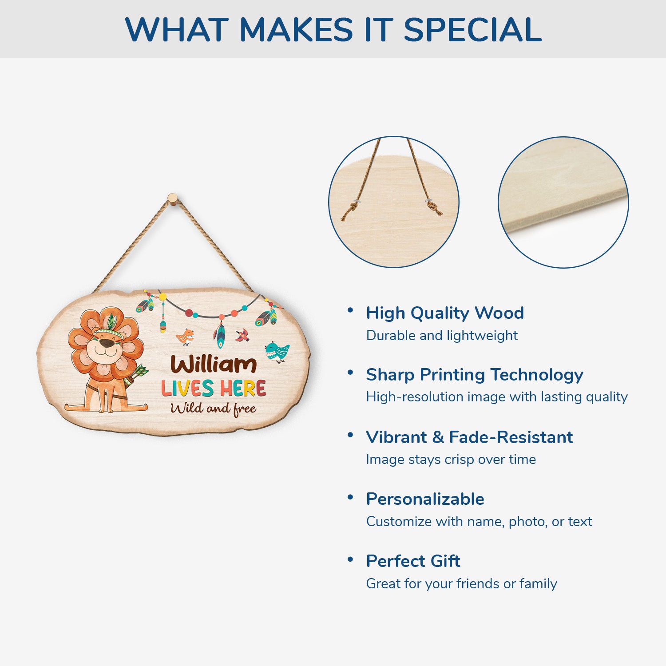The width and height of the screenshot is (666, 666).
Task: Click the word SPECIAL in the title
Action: pyautogui.click(x=472, y=30)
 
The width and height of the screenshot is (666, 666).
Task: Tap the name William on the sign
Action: pyautogui.click(x=214, y=365)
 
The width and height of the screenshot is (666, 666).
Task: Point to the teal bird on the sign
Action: pyautogui.click(x=277, y=352)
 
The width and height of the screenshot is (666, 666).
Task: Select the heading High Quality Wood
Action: pyautogui.click(x=445, y=313)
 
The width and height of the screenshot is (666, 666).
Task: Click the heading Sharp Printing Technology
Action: pyautogui.click(x=475, y=375)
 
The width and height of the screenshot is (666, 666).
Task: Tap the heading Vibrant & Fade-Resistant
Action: pyautogui.click(x=469, y=437)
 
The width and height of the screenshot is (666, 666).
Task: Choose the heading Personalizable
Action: pyautogui.click(x=425, y=499)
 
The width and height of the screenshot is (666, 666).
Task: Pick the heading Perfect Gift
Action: pyautogui.click(x=413, y=561)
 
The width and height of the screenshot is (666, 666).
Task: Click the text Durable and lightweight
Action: pyautogui.click(x=442, y=335)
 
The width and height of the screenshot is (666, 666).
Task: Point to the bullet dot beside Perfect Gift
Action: pyautogui.click(x=350, y=559)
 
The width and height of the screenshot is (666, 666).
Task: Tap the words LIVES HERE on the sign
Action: pyautogui.click(x=214, y=388)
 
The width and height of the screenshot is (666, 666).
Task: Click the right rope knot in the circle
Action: pyautogui.click(x=435, y=207)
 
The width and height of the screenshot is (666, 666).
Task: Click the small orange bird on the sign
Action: pyautogui.click(x=185, y=337)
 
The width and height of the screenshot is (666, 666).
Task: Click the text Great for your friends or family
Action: pyautogui.click(x=461, y=583)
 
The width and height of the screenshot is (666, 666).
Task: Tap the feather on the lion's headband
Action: pyautogui.click(x=111, y=321)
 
